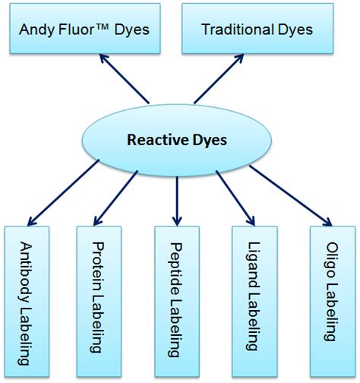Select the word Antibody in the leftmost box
(27, 270)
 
